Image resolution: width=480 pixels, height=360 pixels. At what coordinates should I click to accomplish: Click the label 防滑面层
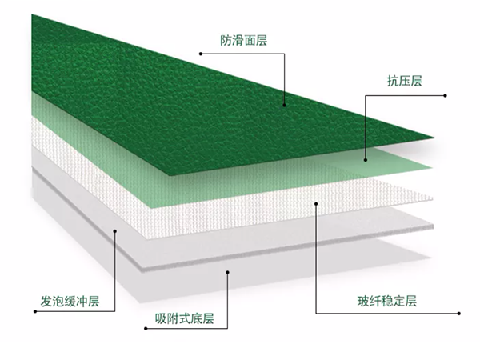click(244, 41)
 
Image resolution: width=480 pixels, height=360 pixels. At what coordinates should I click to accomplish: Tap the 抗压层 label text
click(405, 81)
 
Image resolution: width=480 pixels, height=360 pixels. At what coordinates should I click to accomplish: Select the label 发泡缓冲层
click(70, 302)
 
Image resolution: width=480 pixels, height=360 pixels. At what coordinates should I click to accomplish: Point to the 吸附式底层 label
click(184, 318)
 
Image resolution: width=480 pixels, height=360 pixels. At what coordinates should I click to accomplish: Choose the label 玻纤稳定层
click(387, 302)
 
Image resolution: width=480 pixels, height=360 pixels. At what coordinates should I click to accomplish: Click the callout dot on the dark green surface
click(284, 105)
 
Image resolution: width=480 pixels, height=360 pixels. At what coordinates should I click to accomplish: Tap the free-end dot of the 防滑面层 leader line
click(201, 54)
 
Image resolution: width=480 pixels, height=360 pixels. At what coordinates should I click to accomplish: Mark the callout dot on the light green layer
click(366, 160)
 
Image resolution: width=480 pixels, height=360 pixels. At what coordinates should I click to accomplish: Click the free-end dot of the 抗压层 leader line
click(445, 95)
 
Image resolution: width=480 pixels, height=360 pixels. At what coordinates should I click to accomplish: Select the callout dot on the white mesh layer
click(316, 203)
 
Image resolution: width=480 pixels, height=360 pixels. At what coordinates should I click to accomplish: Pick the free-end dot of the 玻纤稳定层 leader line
click(459, 314)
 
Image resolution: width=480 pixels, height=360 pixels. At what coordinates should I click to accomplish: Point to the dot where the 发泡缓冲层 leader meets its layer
click(115, 231)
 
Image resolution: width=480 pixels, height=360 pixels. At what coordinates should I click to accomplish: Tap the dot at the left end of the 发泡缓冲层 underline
click(35, 312)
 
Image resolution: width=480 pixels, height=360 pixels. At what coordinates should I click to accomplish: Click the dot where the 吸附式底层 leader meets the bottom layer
click(227, 272)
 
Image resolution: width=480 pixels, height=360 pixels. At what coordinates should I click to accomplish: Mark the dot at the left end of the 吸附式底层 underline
click(146, 329)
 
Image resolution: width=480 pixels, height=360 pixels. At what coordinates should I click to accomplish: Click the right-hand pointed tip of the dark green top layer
click(434, 138)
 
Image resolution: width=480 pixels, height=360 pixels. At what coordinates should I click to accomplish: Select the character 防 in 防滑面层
click(226, 41)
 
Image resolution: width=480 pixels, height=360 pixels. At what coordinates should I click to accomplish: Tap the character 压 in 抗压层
click(405, 81)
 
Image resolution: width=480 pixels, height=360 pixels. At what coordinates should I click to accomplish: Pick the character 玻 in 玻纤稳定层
click(363, 302)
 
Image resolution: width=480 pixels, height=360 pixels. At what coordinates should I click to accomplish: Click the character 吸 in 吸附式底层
click(161, 318)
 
